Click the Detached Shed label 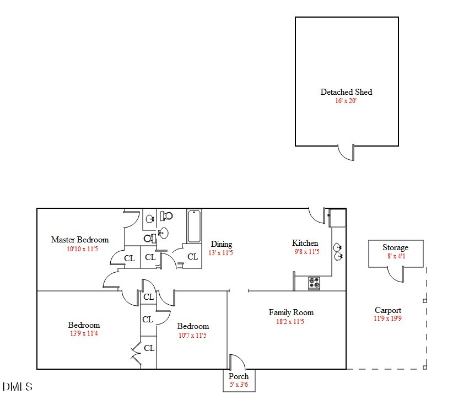pos(346,92)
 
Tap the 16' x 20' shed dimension pos(346,101)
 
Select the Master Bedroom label pos(80,240)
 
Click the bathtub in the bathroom pos(193,226)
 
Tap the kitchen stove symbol pos(314,283)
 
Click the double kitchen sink pos(338,252)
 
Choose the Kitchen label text pos(305,243)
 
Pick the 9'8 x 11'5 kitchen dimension pos(306,252)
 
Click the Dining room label pos(222,244)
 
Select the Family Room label pos(291,312)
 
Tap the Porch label pos(239,376)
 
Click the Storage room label pos(395,247)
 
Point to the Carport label pos(388,310)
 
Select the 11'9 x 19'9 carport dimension pos(388,318)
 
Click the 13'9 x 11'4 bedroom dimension pos(84,333)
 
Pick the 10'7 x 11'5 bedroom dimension pos(192,335)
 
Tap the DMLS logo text pos(17,387)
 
